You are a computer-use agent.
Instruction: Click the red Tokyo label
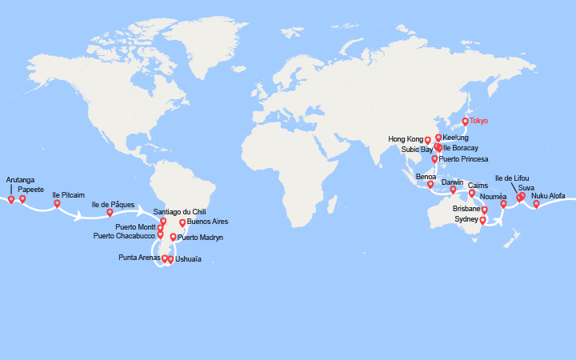coord(478,121)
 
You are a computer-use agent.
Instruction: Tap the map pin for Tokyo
coord(465,122)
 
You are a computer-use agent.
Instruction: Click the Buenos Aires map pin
coord(182,223)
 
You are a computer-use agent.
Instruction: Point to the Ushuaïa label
coord(188,259)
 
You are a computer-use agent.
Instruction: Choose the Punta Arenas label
coord(138,258)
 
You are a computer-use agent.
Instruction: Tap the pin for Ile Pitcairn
coord(57,203)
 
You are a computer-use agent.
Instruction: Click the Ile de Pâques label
coord(113,205)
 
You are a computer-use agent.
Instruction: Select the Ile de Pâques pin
coord(110,212)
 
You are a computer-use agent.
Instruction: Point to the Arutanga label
coord(20,180)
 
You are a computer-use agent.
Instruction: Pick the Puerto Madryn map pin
coord(173,237)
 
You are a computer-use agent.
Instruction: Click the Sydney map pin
coord(482,219)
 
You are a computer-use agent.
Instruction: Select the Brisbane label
coord(466,209)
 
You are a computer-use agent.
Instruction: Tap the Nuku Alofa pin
coord(536,203)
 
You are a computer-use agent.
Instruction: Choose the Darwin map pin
coord(453,190)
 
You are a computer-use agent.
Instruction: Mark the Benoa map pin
coord(430,185)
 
